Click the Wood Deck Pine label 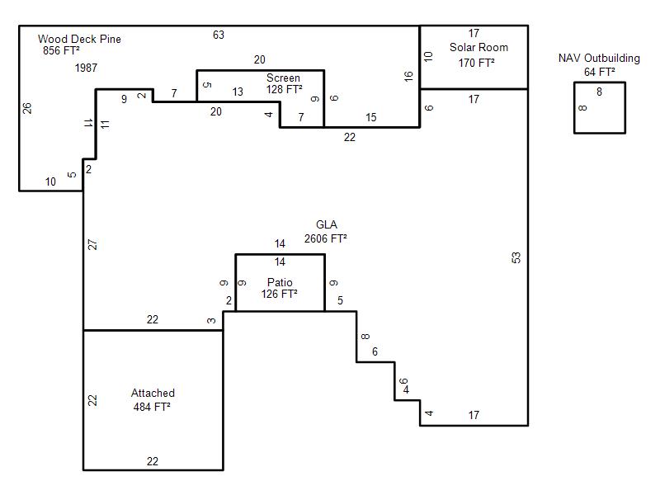[79, 39]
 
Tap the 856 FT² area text [61, 50]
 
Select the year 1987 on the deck [86, 68]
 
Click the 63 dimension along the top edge [219, 35]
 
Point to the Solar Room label [478, 47]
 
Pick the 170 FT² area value [477, 63]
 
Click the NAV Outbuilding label [599, 58]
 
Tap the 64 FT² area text [600, 72]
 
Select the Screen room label [283, 78]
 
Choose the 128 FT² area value [284, 89]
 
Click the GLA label [326, 224]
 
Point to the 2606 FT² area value [325, 238]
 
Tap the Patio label [280, 282]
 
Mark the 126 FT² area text [279, 294]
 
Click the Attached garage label [153, 394]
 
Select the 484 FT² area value [152, 407]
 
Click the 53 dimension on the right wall [516, 257]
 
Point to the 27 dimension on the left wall [92, 244]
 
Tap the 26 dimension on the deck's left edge [27, 108]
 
